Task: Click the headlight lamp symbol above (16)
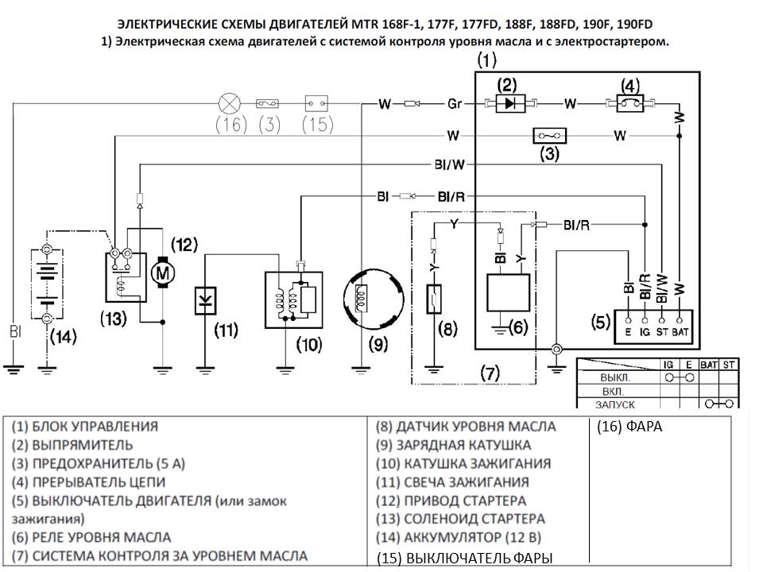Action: [x=229, y=103]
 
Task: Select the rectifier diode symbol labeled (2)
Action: [x=510, y=103]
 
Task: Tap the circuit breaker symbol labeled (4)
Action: [x=630, y=103]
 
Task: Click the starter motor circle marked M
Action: [x=162, y=272]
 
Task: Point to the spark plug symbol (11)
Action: [x=205, y=300]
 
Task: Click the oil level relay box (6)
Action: [x=509, y=293]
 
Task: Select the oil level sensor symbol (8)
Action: [x=434, y=300]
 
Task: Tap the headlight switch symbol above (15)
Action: [x=316, y=103]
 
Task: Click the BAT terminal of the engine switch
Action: [x=680, y=320]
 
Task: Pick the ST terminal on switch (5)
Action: [x=662, y=320]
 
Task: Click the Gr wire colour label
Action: [x=455, y=103]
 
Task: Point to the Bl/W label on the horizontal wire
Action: [x=450, y=165]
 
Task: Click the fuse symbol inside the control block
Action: [x=550, y=136]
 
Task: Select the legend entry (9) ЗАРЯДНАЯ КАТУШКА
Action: [x=453, y=445]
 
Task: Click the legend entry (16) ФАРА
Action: [x=629, y=427]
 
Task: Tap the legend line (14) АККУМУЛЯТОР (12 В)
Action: [x=459, y=538]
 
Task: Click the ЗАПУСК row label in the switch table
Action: [x=615, y=404]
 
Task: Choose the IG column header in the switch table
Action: [x=668, y=365]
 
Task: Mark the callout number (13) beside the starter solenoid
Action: [x=114, y=319]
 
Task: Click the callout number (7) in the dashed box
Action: [x=490, y=373]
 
